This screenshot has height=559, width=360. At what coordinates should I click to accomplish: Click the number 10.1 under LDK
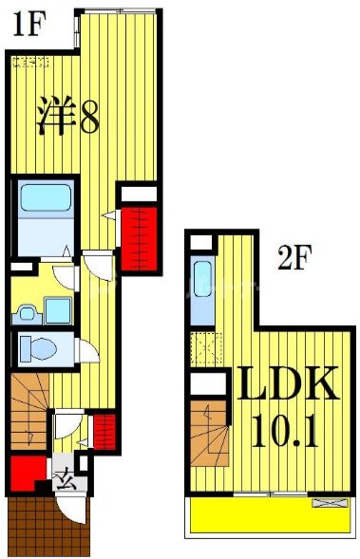(286, 434)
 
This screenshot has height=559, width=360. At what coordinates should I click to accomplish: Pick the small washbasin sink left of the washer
(26, 309)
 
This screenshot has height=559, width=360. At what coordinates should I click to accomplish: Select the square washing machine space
(57, 309)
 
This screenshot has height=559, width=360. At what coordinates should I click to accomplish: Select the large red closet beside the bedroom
(138, 236)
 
